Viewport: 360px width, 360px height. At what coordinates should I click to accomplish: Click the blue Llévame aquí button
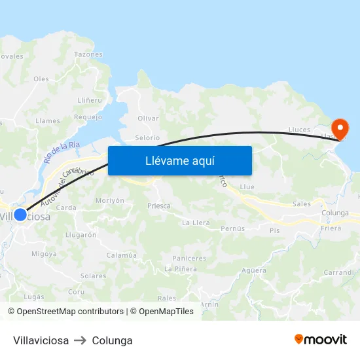pos(180,160)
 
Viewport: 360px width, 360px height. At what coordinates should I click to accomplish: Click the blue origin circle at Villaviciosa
pos(20,215)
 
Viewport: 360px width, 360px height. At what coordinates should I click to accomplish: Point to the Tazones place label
pos(88,54)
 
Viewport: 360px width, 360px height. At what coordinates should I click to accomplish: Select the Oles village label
pos(41,79)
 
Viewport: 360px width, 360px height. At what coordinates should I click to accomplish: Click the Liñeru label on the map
pos(90,100)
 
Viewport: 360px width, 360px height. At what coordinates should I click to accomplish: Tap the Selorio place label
pos(147,137)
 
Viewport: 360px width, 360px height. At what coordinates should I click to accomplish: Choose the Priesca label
pos(159,206)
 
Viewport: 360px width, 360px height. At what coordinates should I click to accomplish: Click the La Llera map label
pos(196,223)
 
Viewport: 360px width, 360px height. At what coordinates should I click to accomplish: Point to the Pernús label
pos(233,228)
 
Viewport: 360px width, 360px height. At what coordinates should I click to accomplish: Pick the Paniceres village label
pos(189,259)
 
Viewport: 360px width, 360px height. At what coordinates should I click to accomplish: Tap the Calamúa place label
pos(121,255)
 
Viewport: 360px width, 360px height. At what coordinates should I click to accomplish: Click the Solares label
pos(93,276)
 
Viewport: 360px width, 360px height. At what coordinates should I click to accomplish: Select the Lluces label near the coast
pos(298,130)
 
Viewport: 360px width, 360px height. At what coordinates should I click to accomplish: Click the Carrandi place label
pos(338,272)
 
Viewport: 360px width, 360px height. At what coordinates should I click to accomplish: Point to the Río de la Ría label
pos(62,153)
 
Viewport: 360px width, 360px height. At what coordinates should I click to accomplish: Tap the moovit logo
pos(321,340)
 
